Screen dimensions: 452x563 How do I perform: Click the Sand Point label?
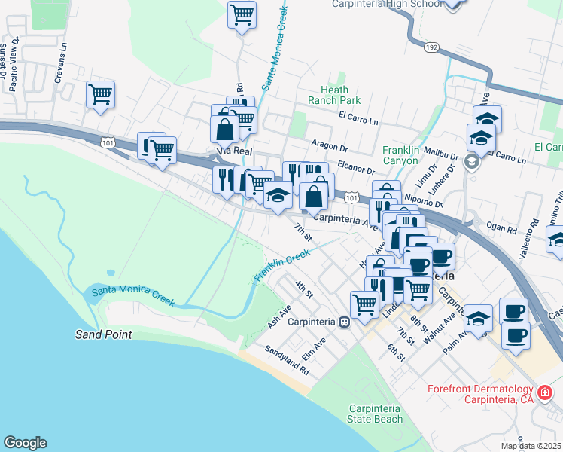[x=104, y=334]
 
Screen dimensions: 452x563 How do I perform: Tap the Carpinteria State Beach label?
[x=375, y=414]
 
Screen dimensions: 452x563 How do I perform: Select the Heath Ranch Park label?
[x=334, y=95]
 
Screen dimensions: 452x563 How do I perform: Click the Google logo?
[x=25, y=443]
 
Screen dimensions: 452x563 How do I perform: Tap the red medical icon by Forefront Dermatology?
[x=546, y=392]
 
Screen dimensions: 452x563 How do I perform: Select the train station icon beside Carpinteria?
[x=344, y=322]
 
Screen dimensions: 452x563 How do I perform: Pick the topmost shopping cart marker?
[x=242, y=14]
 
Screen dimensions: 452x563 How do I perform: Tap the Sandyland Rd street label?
[x=287, y=361]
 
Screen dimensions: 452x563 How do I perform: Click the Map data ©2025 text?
[x=531, y=446]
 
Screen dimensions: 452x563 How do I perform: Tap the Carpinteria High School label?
[x=377, y=4]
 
